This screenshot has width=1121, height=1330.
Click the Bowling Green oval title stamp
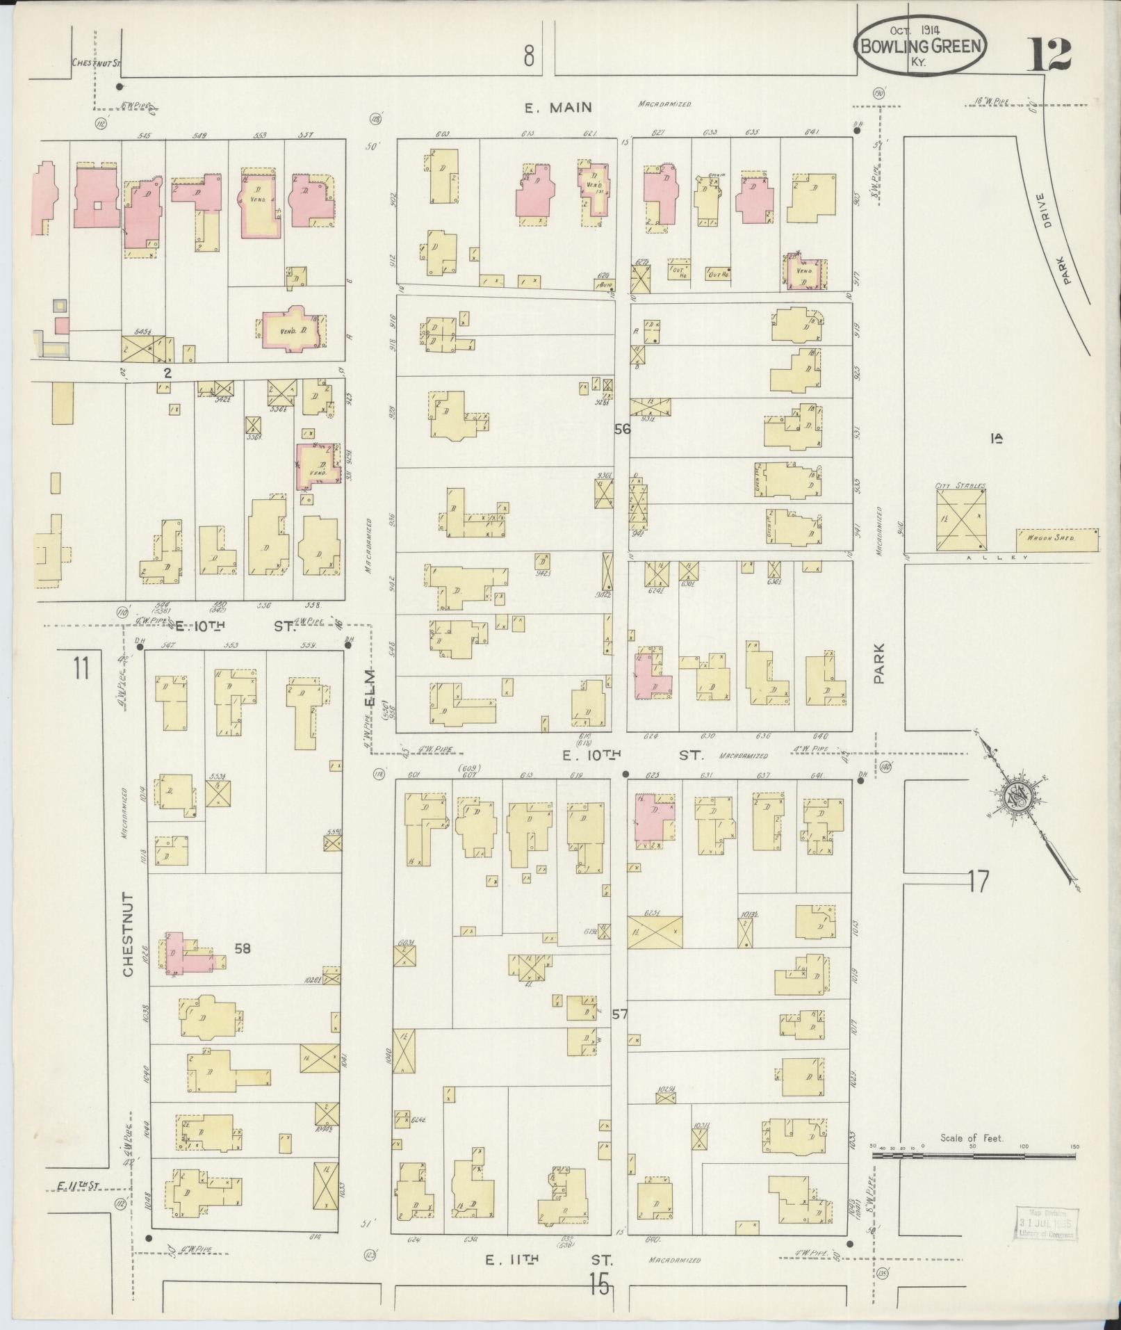(x=922, y=47)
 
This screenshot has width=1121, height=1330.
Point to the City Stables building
(x=961, y=521)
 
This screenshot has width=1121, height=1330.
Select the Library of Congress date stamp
(x=1045, y=1224)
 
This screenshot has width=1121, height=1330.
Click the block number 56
(x=622, y=430)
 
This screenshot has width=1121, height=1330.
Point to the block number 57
(x=620, y=1014)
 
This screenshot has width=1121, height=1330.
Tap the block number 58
(x=242, y=948)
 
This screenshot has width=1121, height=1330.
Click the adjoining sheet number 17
(x=977, y=882)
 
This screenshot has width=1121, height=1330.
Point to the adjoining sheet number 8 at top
(x=530, y=55)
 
